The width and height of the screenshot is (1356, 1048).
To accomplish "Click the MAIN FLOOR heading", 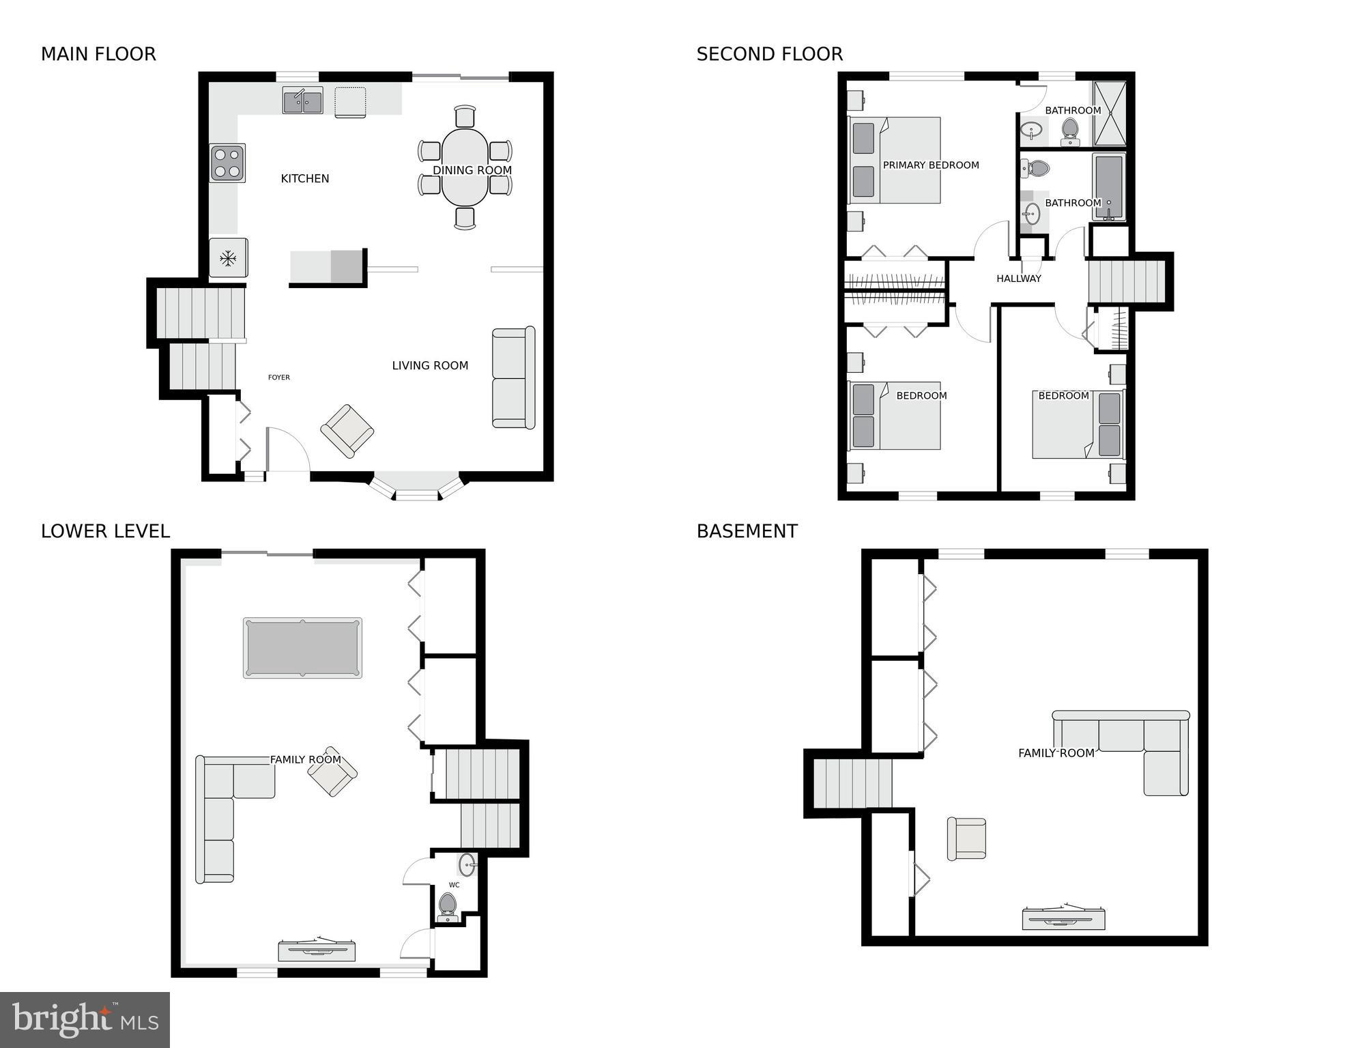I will click(98, 54).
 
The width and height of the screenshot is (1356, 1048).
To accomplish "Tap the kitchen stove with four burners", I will click(227, 163).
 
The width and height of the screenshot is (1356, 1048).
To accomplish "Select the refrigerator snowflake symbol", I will click(228, 258).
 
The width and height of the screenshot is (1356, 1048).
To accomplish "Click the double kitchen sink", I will click(302, 101).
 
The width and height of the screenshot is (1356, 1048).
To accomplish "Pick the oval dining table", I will click(465, 167).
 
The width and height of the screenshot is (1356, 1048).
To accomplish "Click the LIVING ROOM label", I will click(430, 365).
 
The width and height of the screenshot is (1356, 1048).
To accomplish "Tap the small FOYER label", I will click(278, 377).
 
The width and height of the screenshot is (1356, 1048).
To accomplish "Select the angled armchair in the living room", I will click(347, 430).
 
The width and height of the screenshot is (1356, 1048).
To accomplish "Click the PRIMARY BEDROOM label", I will click(930, 165).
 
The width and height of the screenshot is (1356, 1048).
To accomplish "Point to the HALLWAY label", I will click(1018, 278).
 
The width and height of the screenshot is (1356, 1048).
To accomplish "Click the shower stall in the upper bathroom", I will click(1110, 113).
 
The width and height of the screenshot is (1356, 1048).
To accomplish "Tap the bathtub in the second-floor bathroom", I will click(1108, 186).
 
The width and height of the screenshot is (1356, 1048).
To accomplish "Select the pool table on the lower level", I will click(302, 647).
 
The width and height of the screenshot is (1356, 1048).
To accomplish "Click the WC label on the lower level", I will click(454, 885).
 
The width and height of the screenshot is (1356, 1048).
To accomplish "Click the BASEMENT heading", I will click(747, 531).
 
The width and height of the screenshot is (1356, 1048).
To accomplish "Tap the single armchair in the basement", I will click(966, 838).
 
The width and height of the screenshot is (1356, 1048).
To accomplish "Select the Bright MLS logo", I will click(85, 1019).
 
